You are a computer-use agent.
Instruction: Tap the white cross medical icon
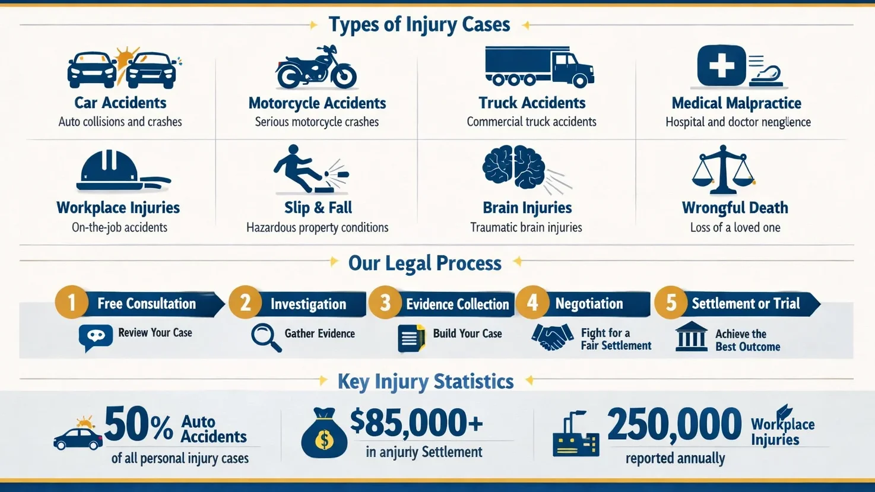pos(721,65)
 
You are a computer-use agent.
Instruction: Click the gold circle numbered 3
pos(385,303)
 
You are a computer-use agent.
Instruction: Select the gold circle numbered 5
pos(671,303)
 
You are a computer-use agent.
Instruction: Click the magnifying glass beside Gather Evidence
pos(265,337)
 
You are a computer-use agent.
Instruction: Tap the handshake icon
pos(552,337)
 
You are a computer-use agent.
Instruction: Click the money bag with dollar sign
pos(324,434)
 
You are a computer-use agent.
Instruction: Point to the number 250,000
pos(674,425)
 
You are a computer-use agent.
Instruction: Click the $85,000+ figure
pos(417,422)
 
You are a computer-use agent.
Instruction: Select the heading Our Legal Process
pos(424,263)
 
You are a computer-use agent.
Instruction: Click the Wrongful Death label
pos(735,208)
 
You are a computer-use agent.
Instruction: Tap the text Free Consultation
pos(147,303)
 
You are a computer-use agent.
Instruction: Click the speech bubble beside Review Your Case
pos(96,337)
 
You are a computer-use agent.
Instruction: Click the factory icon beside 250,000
pos(575,436)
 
